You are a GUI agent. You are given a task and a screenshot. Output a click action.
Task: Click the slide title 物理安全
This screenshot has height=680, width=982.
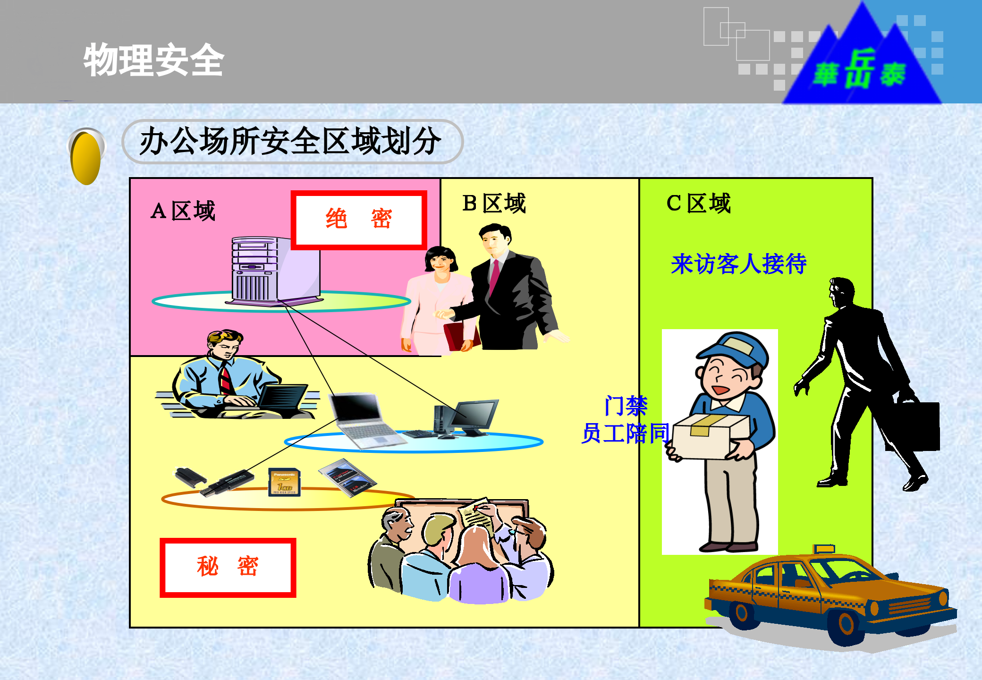[x=153, y=60]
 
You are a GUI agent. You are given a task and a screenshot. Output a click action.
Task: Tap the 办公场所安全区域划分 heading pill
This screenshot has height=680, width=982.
[x=292, y=141]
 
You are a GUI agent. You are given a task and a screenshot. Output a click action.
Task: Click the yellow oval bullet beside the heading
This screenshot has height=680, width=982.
[x=86, y=157]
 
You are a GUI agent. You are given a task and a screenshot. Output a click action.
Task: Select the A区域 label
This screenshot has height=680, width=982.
[x=183, y=211]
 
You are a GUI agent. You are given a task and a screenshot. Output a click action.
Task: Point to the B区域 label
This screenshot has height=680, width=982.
[x=494, y=204]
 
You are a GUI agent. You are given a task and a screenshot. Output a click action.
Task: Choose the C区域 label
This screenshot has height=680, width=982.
[x=698, y=204]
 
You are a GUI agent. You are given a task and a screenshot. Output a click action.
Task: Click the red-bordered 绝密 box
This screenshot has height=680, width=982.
[x=359, y=220]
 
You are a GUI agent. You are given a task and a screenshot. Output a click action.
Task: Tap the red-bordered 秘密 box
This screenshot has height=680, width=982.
[x=228, y=567]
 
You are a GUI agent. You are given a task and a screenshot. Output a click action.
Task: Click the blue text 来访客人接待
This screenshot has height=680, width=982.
[x=738, y=263]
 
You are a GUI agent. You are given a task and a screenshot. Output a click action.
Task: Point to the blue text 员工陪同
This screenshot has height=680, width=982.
[x=625, y=433]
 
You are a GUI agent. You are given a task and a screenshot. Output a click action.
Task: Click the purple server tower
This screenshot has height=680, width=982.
[x=274, y=269]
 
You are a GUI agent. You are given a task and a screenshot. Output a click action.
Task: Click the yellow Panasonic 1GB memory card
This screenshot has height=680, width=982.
[x=284, y=482]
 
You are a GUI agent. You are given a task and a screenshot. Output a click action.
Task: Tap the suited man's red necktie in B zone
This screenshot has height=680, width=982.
[x=494, y=276]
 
